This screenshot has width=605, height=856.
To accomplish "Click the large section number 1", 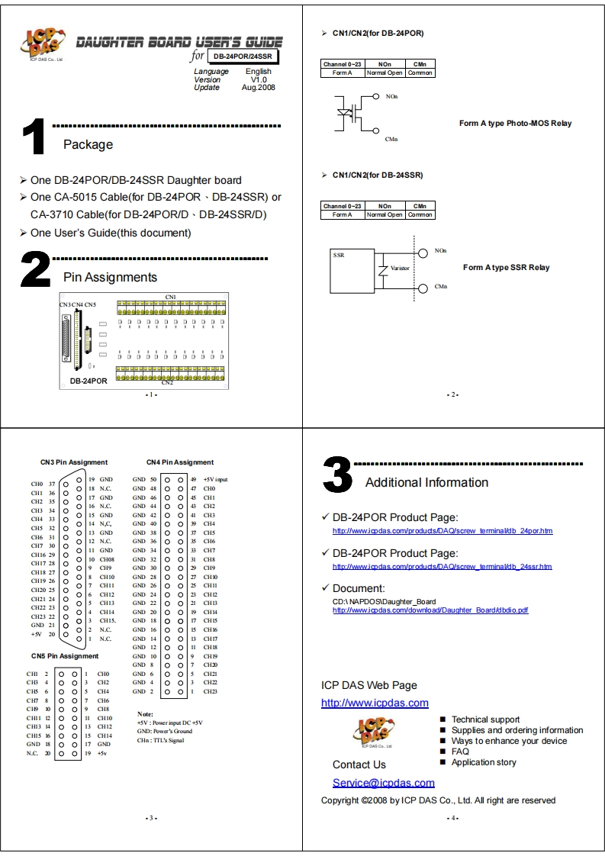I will pos(35,138).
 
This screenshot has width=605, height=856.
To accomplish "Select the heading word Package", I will pos(88,144).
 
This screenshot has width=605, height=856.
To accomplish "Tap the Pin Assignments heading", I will pos(110,277).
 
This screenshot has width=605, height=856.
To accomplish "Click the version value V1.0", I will pos(259,79).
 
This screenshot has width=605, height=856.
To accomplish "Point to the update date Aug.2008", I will pos(259,87).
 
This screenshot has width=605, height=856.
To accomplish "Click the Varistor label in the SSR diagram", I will pos(400,269).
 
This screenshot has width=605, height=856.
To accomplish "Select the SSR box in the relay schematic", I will pos(351,268).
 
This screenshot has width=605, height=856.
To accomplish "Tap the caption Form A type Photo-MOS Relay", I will pos(515,123).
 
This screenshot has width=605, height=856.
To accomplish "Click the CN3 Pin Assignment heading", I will pos(74,462).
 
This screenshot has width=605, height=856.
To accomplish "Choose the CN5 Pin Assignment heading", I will pos(65,656).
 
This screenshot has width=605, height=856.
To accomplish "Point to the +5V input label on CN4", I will pos(216,479).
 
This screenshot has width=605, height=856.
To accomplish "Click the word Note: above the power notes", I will pos(145,713).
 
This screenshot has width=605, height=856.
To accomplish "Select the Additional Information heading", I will pos(426,482).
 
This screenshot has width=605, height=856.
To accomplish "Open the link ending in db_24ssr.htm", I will pos(442,567).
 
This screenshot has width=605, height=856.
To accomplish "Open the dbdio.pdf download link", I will pos(430,610).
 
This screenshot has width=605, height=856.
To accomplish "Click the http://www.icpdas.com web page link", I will pos(375,703).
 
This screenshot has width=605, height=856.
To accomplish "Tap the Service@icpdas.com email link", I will pos(383,783).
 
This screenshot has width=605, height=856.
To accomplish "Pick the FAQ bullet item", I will pos(460,751).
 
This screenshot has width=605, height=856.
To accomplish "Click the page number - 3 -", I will pos(151,818).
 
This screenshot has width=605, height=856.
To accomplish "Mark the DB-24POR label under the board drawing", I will pos(88,380).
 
